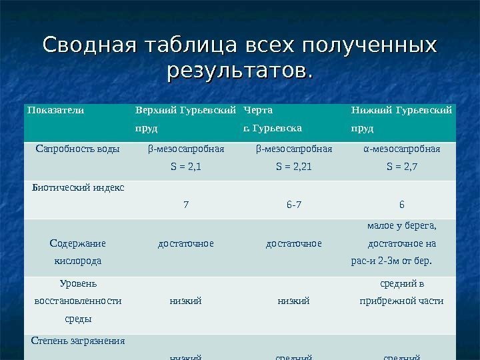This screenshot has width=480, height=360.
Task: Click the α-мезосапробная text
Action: point(402,149)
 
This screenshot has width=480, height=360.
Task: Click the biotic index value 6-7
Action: point(294,205)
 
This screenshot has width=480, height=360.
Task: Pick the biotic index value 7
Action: point(186,205)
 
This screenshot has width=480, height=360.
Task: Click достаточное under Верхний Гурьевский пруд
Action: point(186,243)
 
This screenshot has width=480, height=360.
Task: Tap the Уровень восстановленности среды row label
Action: point(77,301)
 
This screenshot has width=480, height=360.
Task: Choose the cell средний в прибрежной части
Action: point(402,293)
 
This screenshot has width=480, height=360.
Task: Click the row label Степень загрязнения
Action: point(79,341)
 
